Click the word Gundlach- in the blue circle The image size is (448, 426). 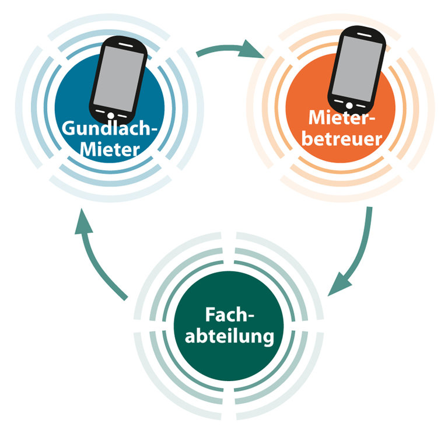110,128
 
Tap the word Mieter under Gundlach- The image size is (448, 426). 110,149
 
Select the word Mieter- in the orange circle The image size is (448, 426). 342,117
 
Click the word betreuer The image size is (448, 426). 342,139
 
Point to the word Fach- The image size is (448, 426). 229,315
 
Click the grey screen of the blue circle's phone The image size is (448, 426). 118,79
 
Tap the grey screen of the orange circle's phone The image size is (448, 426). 356,69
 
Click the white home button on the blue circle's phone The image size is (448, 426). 111,116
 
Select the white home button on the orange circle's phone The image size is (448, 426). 349,106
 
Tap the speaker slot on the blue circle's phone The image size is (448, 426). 126,45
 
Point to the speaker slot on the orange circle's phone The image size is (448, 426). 364,35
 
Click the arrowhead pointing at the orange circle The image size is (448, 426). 252,49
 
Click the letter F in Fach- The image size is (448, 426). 210,315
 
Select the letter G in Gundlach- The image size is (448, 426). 68,128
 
